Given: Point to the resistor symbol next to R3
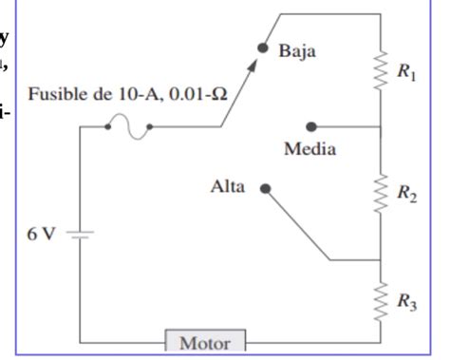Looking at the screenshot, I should [x=380, y=300].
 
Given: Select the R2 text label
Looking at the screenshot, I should [x=407, y=196].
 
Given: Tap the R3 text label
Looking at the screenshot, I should [x=407, y=303].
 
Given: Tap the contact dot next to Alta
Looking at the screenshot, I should [x=265, y=188].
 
